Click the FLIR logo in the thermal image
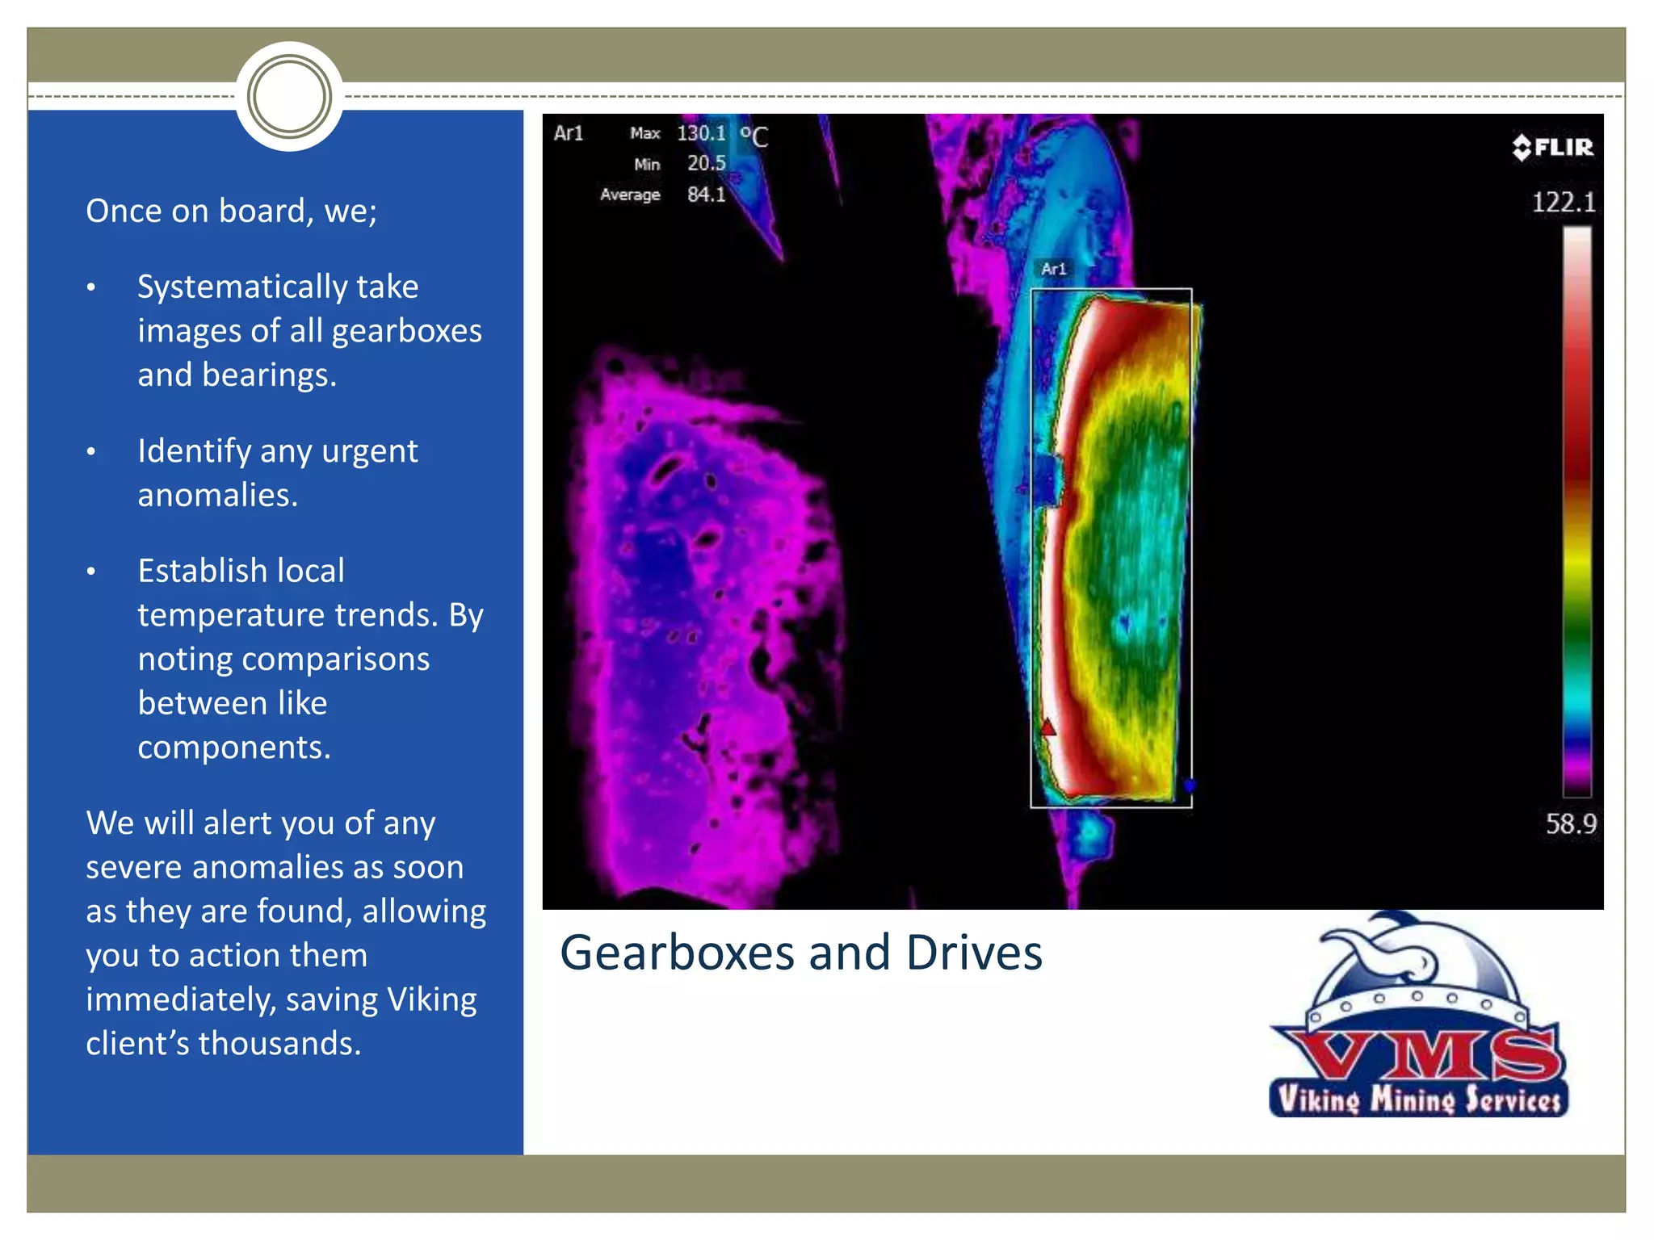point(1552,147)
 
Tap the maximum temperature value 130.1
point(701,133)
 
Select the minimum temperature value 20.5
point(706,163)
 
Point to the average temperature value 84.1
point(706,195)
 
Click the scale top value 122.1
point(1564,202)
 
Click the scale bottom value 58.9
point(1571,823)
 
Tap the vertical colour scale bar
point(1576,509)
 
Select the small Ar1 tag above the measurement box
point(1053,269)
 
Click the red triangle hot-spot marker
point(1047,727)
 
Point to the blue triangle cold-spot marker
point(1189,785)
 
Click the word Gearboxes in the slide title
point(677,953)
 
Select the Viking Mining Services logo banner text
point(1418,1100)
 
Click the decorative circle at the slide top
point(289,97)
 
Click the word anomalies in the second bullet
point(217,495)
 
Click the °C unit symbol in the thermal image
point(754,136)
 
